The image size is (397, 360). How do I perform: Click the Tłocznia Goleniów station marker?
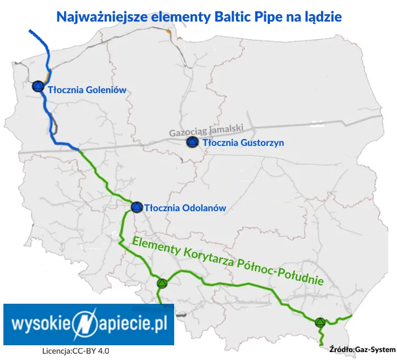[x=38, y=86]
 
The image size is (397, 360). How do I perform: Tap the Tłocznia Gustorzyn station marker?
[x=193, y=143]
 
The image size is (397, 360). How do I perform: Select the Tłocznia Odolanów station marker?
[x=136, y=207]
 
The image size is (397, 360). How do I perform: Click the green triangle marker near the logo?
[x=162, y=283]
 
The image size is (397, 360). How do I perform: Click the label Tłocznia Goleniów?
[x=87, y=89]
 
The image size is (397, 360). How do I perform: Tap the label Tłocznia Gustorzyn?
[x=243, y=143]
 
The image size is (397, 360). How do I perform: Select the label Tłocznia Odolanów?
[x=185, y=208]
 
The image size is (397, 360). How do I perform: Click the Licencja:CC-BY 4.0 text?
[x=75, y=351]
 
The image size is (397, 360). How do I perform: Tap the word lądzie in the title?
[x=323, y=17]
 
